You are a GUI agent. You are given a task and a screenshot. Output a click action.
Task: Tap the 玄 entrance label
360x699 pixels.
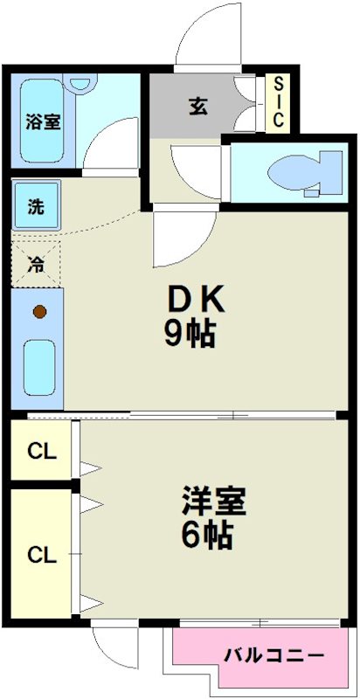[x=197, y=107]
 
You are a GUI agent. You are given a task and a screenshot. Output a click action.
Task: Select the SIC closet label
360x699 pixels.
[x=278, y=103]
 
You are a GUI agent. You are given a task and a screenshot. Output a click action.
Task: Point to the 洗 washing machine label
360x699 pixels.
[x=36, y=207]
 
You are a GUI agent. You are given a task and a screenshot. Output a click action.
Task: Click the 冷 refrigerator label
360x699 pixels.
[x=36, y=261]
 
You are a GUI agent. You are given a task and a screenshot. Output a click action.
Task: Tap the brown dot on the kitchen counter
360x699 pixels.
[x=38, y=311]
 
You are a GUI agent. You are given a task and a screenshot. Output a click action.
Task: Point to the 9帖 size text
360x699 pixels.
[x=190, y=335]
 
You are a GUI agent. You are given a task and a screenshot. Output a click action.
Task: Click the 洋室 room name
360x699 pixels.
[x=215, y=501]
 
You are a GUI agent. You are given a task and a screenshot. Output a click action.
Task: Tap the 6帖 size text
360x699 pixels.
[x=206, y=535]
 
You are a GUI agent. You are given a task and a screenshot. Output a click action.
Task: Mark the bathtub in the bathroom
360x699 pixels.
[x=41, y=122]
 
